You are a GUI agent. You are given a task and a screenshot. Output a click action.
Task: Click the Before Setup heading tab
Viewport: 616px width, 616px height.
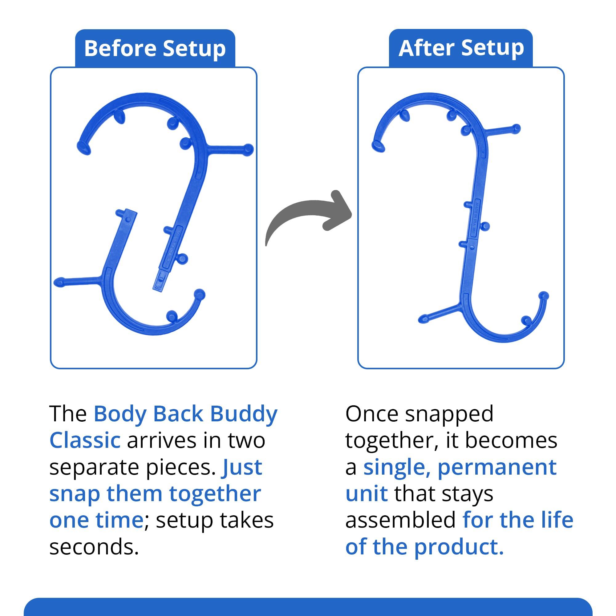click(155, 48)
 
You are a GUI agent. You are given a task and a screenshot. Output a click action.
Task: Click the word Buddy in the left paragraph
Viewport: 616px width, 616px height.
click(244, 415)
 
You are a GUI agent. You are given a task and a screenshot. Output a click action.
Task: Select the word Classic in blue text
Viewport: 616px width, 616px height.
click(85, 441)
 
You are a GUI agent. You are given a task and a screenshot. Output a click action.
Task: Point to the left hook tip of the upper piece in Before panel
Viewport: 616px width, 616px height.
click(83, 147)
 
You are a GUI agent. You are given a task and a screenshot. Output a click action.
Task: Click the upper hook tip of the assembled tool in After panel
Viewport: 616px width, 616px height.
click(378, 146)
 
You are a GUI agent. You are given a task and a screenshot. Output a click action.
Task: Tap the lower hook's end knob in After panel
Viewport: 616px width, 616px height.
click(544, 296)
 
